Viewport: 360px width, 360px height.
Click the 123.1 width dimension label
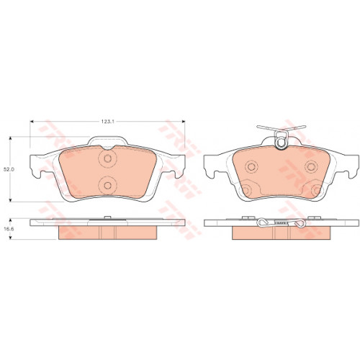click(x=107, y=122)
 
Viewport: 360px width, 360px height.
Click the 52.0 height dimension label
click(x=9, y=169)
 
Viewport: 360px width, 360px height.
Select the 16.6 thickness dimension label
click(x=9, y=229)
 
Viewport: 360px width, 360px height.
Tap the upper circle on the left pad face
click(x=107, y=158)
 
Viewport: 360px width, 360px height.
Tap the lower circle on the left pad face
click(x=107, y=185)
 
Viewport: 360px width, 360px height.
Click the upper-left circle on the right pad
click(x=251, y=166)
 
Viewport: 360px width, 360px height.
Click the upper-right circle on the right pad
click(x=311, y=166)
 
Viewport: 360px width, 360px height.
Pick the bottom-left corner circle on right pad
click(x=246, y=189)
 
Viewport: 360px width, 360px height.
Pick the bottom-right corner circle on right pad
click(x=317, y=189)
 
